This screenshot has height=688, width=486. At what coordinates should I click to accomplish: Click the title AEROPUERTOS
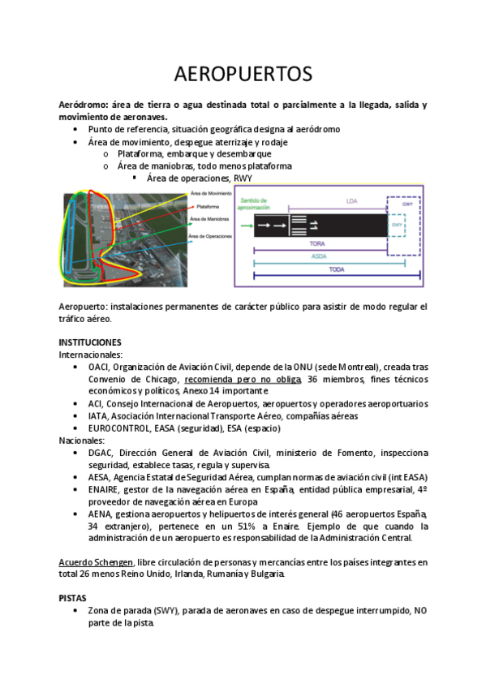(243, 74)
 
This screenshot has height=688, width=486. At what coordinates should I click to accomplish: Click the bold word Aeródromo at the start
(84, 105)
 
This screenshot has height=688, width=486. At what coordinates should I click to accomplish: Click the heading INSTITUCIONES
(90, 342)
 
